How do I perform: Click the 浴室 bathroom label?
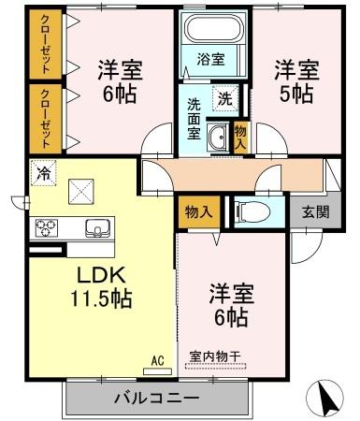[210, 59]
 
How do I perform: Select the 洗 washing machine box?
[226, 96]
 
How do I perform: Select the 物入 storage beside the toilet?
[198, 212]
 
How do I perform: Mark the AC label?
[157, 358]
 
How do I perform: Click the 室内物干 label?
[215, 357]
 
